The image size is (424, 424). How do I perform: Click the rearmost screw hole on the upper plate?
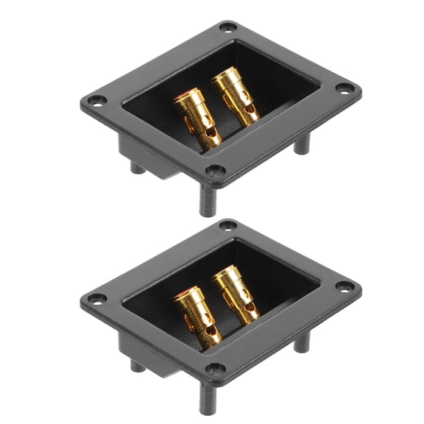(x=228, y=27)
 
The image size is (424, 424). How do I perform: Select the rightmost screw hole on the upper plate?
(x=344, y=88)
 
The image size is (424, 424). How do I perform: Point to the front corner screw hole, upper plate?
(x=214, y=172)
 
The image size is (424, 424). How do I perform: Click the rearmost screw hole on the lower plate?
(x=228, y=225)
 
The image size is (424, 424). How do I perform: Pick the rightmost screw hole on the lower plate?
(x=344, y=286)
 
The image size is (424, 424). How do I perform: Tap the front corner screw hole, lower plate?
(x=214, y=370)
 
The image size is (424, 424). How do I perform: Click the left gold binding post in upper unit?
(x=197, y=118)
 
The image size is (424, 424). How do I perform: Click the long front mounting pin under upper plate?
(x=208, y=202)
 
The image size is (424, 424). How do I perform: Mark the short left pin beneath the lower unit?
(x=138, y=365)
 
